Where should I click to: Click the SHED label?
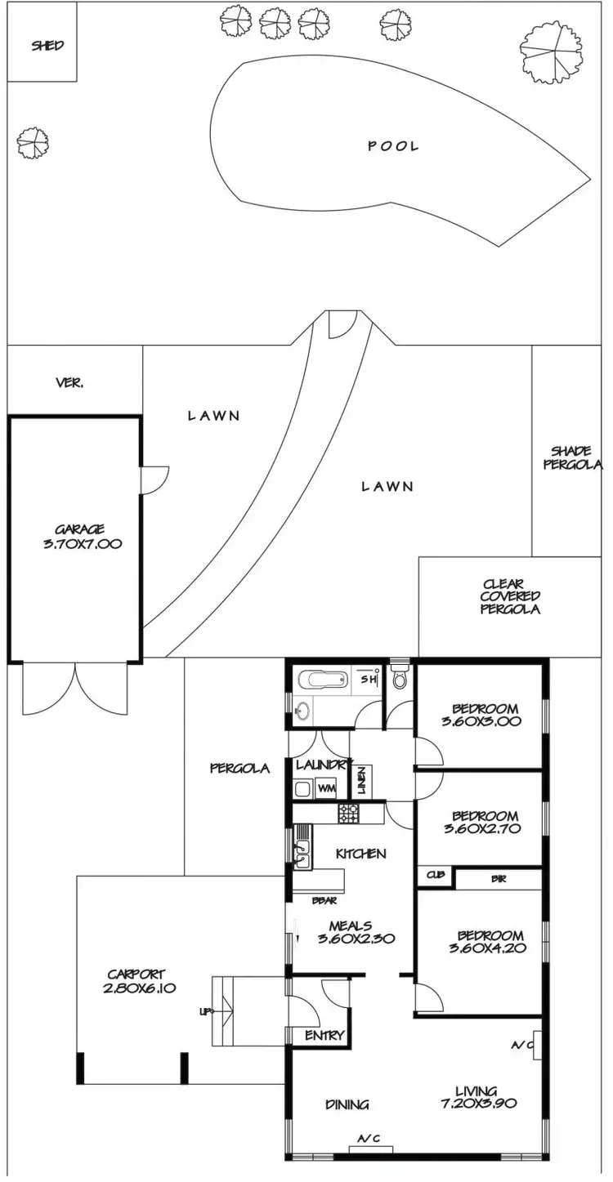(47, 46)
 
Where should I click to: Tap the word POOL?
(393, 146)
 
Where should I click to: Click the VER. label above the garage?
(69, 382)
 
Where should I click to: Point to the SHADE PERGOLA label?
(575, 457)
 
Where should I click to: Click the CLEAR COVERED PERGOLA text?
(511, 596)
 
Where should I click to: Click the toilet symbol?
(400, 679)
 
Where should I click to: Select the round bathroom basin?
(302, 711)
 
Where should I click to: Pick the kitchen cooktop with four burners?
(349, 814)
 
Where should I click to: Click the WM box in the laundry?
(326, 788)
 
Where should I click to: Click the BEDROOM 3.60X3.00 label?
(485, 715)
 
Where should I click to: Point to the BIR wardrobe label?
(498, 879)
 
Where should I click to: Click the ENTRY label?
(324, 1036)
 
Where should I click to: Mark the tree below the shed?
(34, 145)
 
